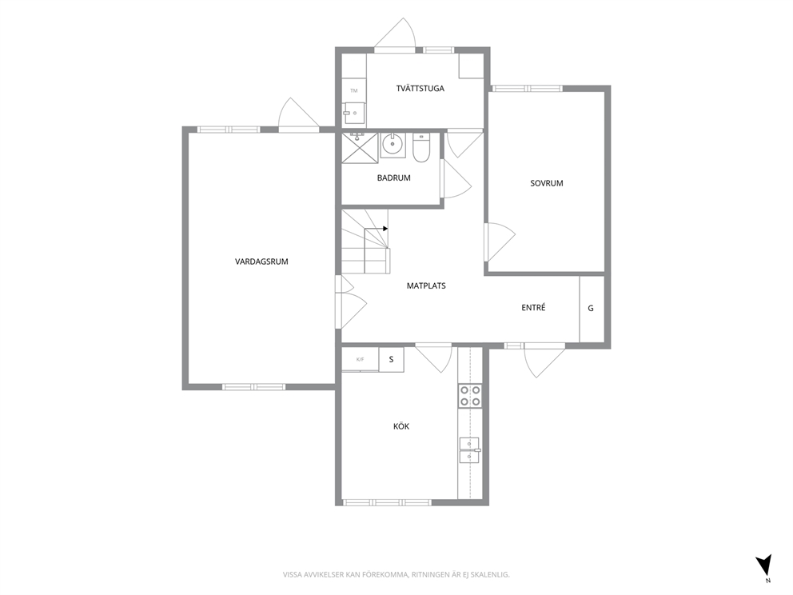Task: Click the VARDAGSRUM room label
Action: point(261,262)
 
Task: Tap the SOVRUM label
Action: point(546,183)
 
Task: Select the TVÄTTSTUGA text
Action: point(420,88)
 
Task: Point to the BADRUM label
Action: point(393,178)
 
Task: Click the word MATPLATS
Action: point(426,286)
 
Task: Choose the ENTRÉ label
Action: point(533,307)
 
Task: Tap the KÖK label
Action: point(401,426)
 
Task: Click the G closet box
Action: point(592,309)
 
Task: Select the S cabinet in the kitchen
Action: point(392,360)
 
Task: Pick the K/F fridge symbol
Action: point(360,360)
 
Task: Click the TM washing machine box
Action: point(354,90)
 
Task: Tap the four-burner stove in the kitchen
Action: point(470,396)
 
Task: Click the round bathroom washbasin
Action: point(392,145)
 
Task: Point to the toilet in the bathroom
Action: point(420,148)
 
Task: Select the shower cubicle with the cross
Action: point(360,148)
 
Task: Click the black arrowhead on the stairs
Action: point(385,229)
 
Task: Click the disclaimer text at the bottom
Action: point(396,574)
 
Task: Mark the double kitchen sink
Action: point(469,451)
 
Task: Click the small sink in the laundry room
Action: point(354,113)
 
